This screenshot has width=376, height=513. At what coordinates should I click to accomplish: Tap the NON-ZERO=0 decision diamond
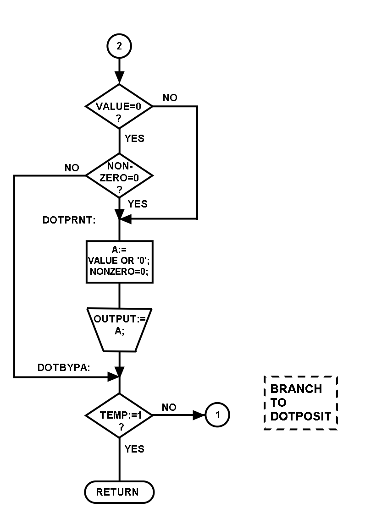(x=119, y=176)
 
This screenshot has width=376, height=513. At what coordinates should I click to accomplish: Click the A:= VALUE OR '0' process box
(x=119, y=262)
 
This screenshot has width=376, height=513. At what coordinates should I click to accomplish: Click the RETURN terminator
(x=119, y=492)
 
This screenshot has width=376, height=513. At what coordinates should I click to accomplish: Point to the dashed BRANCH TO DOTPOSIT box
(x=301, y=403)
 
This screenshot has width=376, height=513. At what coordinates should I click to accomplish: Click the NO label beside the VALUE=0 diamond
(x=170, y=98)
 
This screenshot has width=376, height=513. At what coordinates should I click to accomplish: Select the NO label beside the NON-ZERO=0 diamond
(x=72, y=168)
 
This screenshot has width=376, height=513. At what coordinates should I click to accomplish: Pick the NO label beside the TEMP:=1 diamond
(x=169, y=407)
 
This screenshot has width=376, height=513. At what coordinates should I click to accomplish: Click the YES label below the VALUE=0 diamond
(x=134, y=138)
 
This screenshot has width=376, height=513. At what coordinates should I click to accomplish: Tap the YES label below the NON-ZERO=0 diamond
(x=138, y=204)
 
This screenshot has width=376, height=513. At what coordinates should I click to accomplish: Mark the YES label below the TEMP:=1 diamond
(x=134, y=449)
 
